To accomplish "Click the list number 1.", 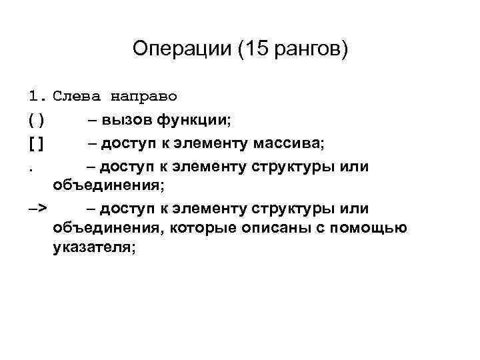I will (x=36, y=97).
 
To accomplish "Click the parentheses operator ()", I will (x=37, y=120).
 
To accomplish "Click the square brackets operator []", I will (x=37, y=143).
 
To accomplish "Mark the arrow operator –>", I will (x=38, y=209).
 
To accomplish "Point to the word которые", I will (x=200, y=229).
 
